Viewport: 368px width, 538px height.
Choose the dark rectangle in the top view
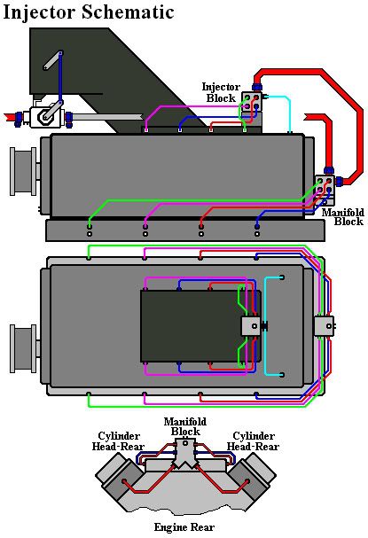click(x=191, y=326)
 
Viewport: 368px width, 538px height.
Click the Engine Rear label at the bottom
click(x=184, y=527)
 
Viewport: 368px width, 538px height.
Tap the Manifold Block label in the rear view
click(x=185, y=425)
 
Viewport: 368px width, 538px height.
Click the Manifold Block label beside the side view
click(x=341, y=217)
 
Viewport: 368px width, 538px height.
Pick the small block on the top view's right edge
click(x=323, y=326)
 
